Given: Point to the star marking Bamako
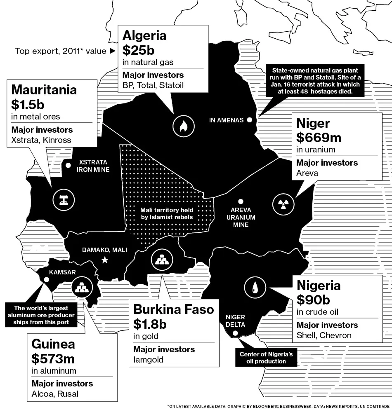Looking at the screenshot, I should coord(105,260).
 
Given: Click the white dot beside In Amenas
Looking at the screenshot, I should coord(249,120).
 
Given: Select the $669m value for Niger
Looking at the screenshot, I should coord(319,137).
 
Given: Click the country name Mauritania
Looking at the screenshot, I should coord(44,89).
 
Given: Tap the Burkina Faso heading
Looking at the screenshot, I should coord(174,309).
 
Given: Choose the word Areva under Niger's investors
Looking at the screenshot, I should coord(307,173).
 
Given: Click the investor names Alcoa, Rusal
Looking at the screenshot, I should coord(55,393).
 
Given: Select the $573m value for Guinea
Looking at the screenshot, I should coord(53,359).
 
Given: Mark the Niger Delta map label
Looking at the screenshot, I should coord(235,321).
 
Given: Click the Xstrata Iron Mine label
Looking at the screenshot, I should coord(93,166).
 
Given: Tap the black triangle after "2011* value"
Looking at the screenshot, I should coord(112,51).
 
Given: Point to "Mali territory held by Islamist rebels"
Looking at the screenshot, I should coord(166,213).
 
